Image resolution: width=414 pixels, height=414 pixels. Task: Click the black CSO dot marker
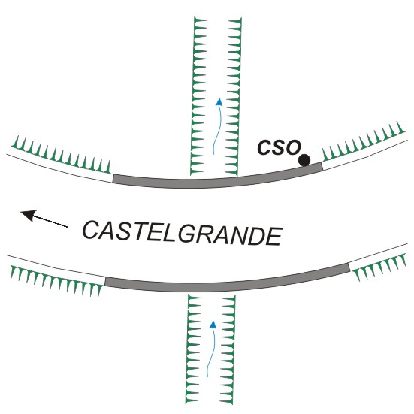304,160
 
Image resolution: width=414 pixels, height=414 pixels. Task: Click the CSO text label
280,147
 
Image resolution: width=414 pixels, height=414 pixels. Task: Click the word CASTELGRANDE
183,234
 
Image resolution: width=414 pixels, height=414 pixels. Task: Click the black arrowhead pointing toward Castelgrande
29,215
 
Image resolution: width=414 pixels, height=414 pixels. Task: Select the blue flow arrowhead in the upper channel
219,102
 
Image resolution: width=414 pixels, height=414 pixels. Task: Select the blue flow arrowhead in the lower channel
213,325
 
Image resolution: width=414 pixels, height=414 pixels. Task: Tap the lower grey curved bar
227,283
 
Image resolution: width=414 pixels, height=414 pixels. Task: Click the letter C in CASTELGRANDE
92,230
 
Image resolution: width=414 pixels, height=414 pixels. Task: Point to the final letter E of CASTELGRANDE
273,237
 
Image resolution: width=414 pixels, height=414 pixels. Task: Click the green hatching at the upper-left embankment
61,155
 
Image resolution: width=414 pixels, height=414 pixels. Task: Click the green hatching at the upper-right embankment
364,141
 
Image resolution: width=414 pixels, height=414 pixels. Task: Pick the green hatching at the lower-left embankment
56,281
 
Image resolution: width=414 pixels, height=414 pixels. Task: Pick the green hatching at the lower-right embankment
379,267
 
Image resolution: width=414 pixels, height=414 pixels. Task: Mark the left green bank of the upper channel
199,96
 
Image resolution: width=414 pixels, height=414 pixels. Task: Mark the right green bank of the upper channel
234,97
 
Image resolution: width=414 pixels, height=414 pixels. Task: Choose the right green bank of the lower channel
228,349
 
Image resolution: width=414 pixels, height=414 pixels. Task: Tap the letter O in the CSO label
293,147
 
